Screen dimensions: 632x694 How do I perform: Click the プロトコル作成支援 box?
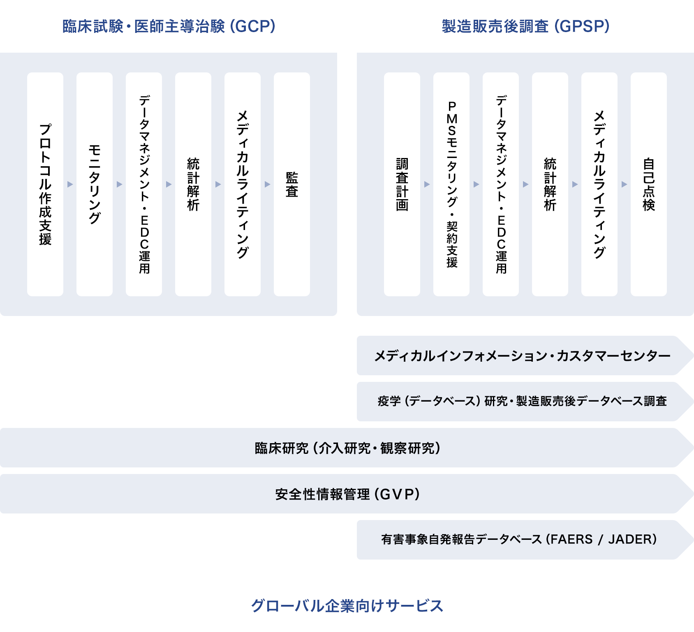coord(45,184)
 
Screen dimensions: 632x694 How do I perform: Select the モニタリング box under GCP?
coord(95,184)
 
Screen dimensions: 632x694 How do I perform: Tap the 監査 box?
coord(292,184)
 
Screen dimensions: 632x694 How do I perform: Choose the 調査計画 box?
coord(402,184)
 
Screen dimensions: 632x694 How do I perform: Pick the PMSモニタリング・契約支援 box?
coord(451,184)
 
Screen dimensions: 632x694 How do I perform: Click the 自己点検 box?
coord(649,184)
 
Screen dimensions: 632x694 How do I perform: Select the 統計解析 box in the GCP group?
coord(193,184)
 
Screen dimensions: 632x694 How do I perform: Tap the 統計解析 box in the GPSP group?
coord(550,184)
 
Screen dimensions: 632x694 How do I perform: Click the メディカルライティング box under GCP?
coord(243,184)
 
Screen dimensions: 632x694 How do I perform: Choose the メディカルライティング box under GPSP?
coord(599,184)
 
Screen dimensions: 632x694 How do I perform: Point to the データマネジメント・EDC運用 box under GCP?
coord(144,184)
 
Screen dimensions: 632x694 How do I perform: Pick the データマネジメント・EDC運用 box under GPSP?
coord(501,184)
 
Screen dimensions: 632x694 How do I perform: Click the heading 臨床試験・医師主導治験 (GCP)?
coord(169,26)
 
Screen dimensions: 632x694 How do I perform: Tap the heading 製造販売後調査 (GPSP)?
coord(525,26)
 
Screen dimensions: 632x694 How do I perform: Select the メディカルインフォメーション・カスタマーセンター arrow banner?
coord(522,355)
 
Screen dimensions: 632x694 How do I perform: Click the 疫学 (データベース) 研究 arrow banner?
coord(522,401)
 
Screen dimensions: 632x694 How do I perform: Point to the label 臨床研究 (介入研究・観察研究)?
coord(347,448)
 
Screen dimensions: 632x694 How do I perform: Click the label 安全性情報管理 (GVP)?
coord(347,494)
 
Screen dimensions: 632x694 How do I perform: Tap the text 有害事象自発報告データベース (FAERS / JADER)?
coord(519,539)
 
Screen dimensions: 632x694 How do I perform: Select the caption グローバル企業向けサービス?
coord(347,606)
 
